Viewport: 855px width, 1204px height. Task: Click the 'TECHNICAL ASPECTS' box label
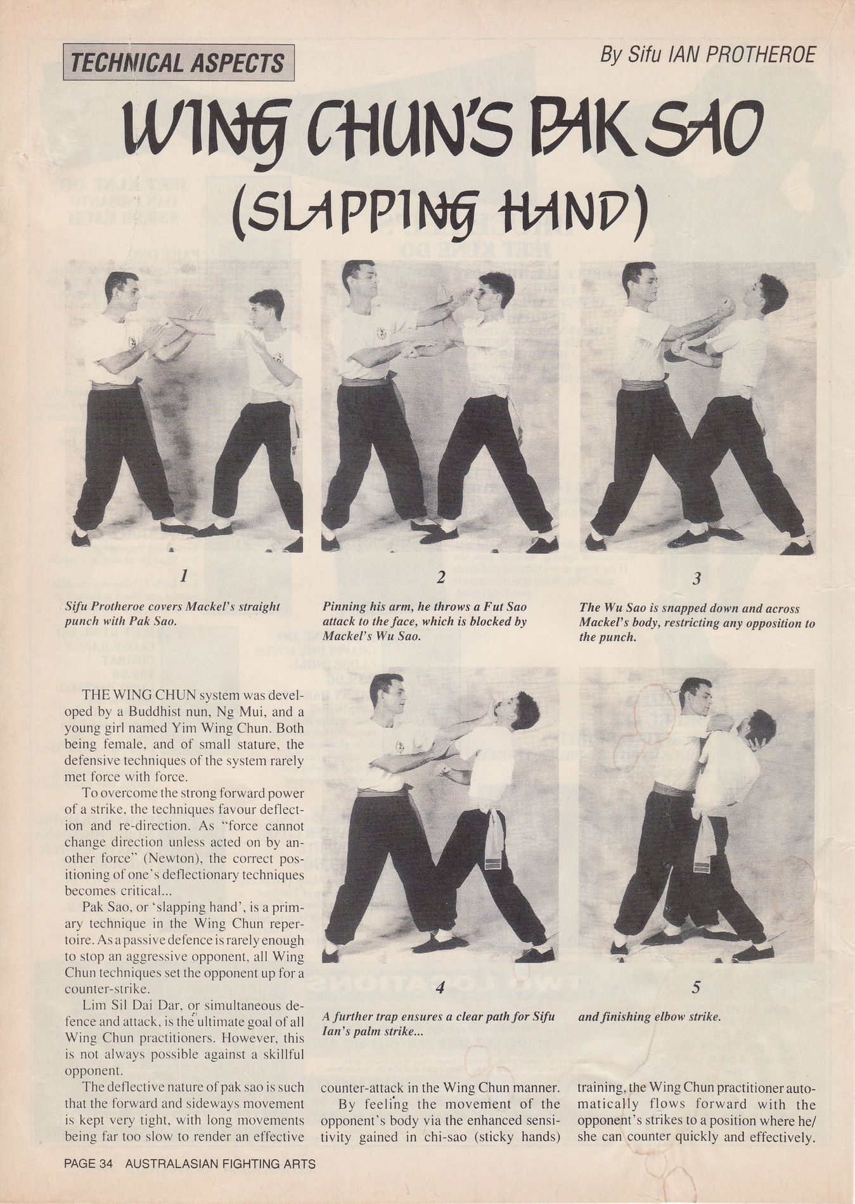[x=178, y=63]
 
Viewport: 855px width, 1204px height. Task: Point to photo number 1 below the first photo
[x=183, y=576]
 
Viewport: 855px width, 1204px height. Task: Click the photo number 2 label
[x=441, y=577]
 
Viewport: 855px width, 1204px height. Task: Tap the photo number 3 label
[x=697, y=578]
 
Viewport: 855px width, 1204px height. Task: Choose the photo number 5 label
[x=697, y=987]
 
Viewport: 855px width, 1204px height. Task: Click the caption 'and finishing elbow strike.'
[x=650, y=1016]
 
